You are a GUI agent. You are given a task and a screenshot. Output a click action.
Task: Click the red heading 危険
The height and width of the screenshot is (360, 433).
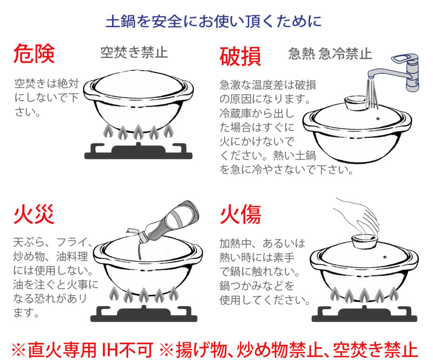(x=34, y=54)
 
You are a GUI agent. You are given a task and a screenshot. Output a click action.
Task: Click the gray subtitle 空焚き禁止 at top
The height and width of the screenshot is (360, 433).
(x=134, y=53)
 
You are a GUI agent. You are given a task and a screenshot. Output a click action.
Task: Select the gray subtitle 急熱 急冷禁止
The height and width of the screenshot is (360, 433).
(x=330, y=54)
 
